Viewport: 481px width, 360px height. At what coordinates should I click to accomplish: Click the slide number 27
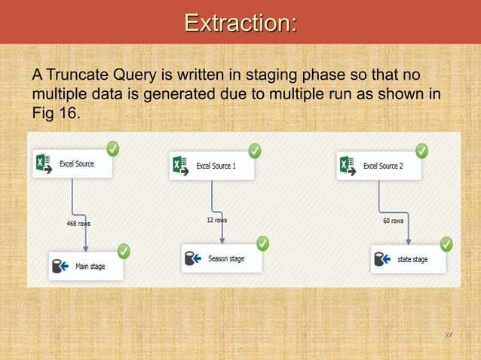click(x=448, y=334)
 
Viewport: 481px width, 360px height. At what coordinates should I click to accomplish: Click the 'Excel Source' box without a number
click(x=72, y=163)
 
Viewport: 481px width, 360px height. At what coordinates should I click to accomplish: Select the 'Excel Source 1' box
click(x=213, y=165)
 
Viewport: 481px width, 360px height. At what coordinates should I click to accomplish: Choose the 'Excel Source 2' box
click(x=380, y=165)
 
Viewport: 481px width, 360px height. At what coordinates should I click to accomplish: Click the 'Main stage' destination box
click(x=86, y=266)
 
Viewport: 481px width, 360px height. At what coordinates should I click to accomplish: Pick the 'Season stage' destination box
click(x=223, y=258)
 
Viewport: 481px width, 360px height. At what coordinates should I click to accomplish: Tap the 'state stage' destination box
click(x=408, y=259)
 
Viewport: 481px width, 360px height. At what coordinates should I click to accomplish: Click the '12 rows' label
click(x=217, y=220)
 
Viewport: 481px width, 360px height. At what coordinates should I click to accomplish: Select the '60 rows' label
click(x=393, y=221)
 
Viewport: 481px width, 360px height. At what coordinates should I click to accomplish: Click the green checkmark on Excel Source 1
click(x=255, y=151)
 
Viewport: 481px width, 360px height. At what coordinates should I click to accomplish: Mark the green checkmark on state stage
click(x=446, y=244)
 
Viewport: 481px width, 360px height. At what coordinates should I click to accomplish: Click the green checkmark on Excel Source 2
click(x=421, y=151)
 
